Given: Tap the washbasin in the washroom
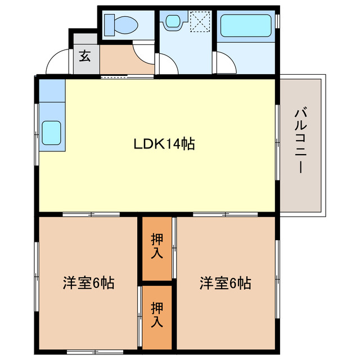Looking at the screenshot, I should (x=172, y=22).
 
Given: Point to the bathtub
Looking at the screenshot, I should (x=245, y=26).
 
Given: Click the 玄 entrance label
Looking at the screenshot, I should (x=85, y=56).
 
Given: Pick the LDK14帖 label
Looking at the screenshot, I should (x=164, y=144).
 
